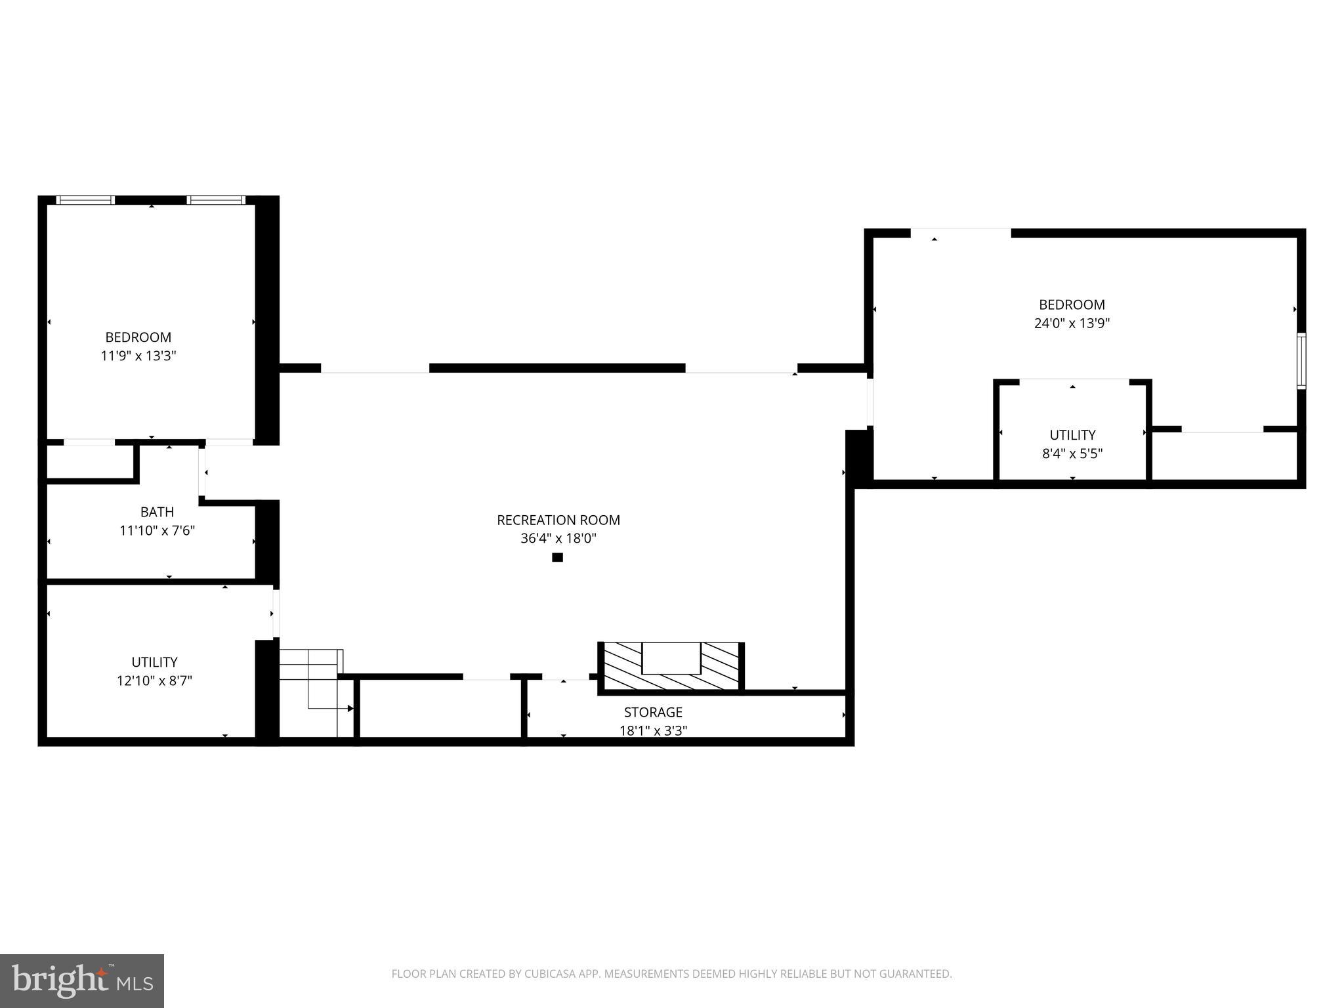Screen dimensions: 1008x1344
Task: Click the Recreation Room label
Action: pos(558,520)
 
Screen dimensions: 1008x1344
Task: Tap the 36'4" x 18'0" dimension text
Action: pos(558,539)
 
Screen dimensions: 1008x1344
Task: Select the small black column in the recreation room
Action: pos(557,558)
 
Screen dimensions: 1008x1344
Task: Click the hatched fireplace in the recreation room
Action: pos(671,667)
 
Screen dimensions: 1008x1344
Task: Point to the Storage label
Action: pos(653,712)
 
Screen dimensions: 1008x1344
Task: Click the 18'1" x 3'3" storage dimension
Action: pos(653,730)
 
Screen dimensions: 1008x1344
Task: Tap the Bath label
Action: pos(157,512)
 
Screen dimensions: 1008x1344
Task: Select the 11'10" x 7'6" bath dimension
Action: pos(157,530)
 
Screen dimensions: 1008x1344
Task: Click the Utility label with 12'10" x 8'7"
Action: pos(154,662)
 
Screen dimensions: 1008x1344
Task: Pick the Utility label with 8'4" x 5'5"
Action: pos(1072,435)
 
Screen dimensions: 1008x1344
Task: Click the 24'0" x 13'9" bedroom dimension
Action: pos(1072,323)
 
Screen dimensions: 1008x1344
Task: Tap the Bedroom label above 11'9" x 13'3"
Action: pos(138,337)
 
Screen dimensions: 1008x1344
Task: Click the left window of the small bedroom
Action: pos(85,200)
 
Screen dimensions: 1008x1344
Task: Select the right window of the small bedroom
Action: pos(216,200)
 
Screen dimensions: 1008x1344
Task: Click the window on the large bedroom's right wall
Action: pos(1301,361)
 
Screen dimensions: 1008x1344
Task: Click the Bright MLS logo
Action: pos(81,980)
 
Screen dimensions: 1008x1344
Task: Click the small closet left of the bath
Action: pos(89,463)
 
